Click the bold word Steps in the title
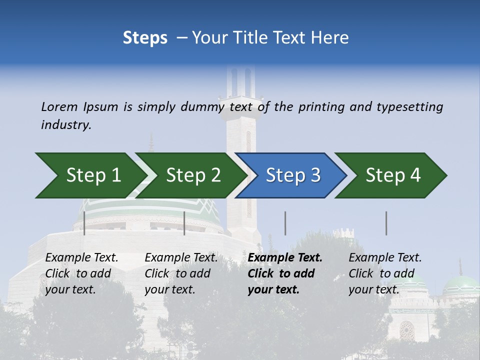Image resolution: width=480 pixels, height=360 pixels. point(145,37)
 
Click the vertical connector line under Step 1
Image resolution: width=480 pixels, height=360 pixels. point(84,223)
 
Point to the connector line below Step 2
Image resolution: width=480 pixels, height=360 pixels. point(184,223)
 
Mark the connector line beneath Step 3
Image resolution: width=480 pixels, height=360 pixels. point(285,223)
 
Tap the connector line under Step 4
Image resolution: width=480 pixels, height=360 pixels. point(386,223)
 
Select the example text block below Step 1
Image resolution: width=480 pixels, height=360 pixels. point(81,273)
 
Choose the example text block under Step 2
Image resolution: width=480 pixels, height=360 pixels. point(181,273)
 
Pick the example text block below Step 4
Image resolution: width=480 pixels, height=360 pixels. point(385,273)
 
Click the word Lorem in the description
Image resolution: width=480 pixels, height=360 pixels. point(59,107)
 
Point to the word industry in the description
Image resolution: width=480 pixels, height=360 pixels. point(66,125)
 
